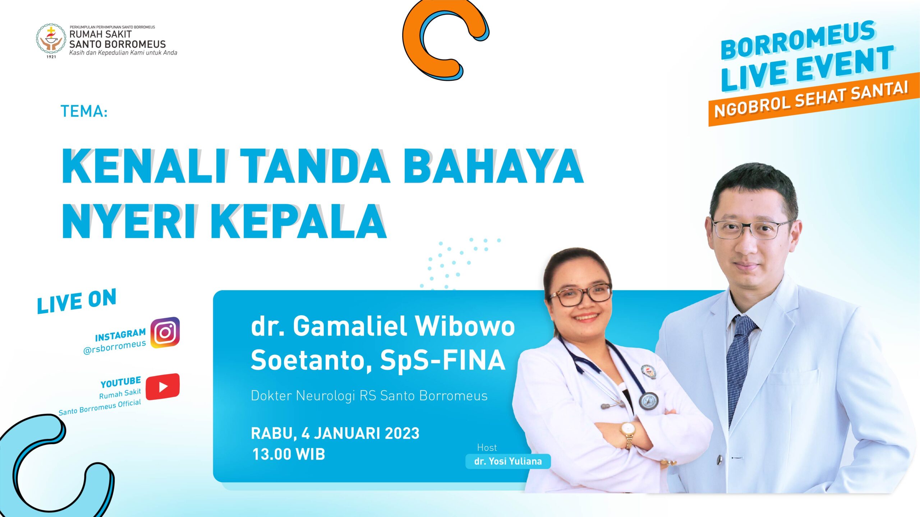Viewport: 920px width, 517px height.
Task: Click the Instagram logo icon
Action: pyautogui.click(x=165, y=332)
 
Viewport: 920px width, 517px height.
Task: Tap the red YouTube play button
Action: pyautogui.click(x=163, y=386)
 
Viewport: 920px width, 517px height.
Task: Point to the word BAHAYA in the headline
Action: pyautogui.click(x=493, y=166)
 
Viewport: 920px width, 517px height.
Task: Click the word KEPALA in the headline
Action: pyautogui.click(x=299, y=222)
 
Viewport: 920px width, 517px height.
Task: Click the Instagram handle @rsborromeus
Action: pyautogui.click(x=114, y=347)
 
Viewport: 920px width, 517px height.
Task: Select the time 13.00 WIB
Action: pyautogui.click(x=289, y=454)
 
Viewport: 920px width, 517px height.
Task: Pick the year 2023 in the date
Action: pyautogui.click(x=402, y=433)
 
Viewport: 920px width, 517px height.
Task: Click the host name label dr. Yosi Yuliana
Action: pyautogui.click(x=508, y=461)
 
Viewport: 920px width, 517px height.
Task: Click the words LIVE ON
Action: pyautogui.click(x=77, y=301)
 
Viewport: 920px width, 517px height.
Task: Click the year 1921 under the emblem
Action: pyautogui.click(x=51, y=57)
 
